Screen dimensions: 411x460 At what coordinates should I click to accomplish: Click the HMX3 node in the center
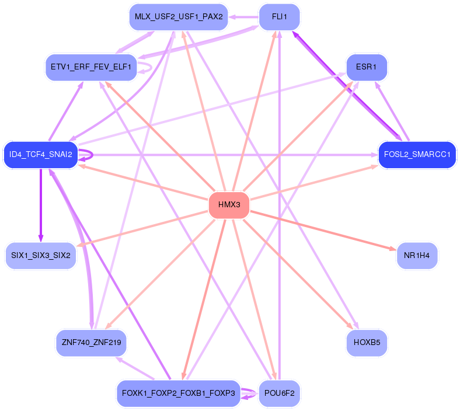click(x=229, y=205)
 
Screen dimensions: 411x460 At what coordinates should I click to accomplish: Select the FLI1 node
click(x=279, y=16)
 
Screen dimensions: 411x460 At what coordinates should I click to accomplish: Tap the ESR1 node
click(x=366, y=67)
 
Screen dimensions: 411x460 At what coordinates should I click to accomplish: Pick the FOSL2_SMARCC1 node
click(x=416, y=155)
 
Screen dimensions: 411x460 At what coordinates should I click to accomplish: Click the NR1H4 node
click(x=416, y=256)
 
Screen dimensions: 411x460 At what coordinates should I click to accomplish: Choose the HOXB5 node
click(x=366, y=342)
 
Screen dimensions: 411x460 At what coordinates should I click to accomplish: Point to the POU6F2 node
click(x=279, y=393)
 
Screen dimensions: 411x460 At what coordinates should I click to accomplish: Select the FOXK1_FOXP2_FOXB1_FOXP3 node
click(x=178, y=393)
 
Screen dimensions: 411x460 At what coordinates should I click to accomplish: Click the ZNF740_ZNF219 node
click(x=91, y=342)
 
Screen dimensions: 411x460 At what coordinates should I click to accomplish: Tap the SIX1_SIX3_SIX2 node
click(x=40, y=256)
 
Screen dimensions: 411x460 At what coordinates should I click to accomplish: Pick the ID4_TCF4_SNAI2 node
click(x=40, y=155)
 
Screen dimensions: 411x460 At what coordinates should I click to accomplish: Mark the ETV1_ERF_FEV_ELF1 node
click(x=91, y=67)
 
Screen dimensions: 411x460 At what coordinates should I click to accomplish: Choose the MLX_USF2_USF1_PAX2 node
click(x=178, y=16)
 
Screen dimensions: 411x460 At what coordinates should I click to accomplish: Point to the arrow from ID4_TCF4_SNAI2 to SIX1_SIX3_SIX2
click(x=40, y=204)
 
